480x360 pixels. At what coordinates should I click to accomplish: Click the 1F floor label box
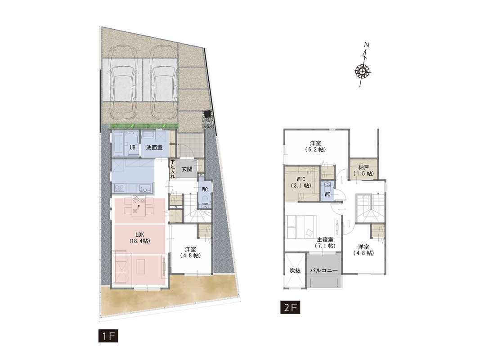pos(108,336)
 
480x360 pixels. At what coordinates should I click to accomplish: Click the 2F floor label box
pos(290,307)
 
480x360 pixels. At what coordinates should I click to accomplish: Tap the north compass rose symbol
pos(363,71)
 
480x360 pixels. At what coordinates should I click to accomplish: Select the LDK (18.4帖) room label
pos(139,238)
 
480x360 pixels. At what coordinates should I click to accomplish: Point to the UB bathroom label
pos(133,148)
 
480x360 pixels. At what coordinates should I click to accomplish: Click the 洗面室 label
pos(154,148)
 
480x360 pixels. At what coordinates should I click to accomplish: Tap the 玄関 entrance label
pos(187,169)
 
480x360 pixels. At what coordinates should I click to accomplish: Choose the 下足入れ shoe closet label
pos(173,169)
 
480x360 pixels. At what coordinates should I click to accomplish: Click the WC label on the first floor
pos(205,189)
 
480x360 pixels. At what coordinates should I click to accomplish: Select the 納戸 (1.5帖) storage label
pos(363,171)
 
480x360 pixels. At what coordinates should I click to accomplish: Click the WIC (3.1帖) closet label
pos(301,182)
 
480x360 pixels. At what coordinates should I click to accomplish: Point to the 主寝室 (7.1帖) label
pos(325,243)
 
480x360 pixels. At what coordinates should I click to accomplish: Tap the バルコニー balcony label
pos(323,270)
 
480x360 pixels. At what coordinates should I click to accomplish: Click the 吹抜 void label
pos(295,270)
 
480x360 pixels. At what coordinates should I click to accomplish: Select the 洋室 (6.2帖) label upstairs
pos(315,146)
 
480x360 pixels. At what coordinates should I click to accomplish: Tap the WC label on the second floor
pos(327,194)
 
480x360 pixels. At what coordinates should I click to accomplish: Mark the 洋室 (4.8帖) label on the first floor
pos(190,252)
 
